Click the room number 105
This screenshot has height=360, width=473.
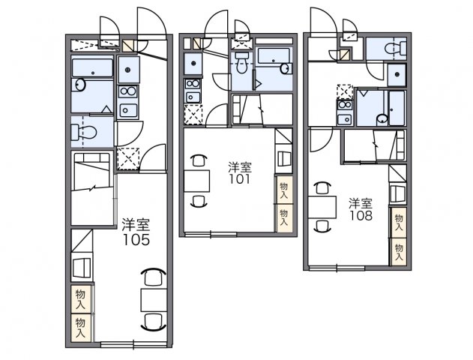point(136,239)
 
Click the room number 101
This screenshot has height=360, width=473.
point(239,179)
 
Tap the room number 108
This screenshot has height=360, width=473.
point(361,215)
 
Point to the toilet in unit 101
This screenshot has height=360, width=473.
point(241,63)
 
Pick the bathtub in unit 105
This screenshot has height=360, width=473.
point(92,67)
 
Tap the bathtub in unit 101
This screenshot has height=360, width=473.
point(274,56)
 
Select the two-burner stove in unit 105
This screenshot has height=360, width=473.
point(128,91)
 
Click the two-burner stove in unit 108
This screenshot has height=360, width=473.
point(345,105)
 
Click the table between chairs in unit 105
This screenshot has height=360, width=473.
point(154,300)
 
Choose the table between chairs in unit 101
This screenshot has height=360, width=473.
point(196,181)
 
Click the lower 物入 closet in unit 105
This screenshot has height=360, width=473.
point(80,328)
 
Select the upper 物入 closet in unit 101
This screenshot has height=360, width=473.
point(283,190)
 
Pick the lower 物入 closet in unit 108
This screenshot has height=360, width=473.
point(399,252)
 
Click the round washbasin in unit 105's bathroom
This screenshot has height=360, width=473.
point(79,85)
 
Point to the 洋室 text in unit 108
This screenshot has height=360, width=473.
point(361,204)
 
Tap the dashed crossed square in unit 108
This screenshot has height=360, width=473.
point(345,92)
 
